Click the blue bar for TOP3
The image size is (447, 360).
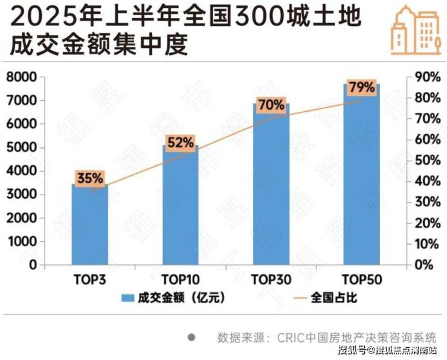[89, 225]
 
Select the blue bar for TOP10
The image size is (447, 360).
[180, 205]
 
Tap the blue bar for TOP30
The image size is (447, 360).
[271, 184]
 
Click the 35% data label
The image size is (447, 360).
[89, 179]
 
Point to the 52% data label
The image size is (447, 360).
[180, 143]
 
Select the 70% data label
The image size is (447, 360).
[271, 105]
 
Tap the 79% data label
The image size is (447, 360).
[361, 88]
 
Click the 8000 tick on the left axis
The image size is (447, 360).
[21, 77]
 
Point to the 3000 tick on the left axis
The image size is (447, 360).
[21, 194]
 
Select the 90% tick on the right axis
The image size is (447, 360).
[425, 77]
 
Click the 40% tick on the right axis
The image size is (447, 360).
[425, 181]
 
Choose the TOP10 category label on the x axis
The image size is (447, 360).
[180, 280]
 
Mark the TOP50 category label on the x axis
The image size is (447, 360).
[361, 280]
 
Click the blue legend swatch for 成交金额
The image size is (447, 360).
[127, 298]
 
